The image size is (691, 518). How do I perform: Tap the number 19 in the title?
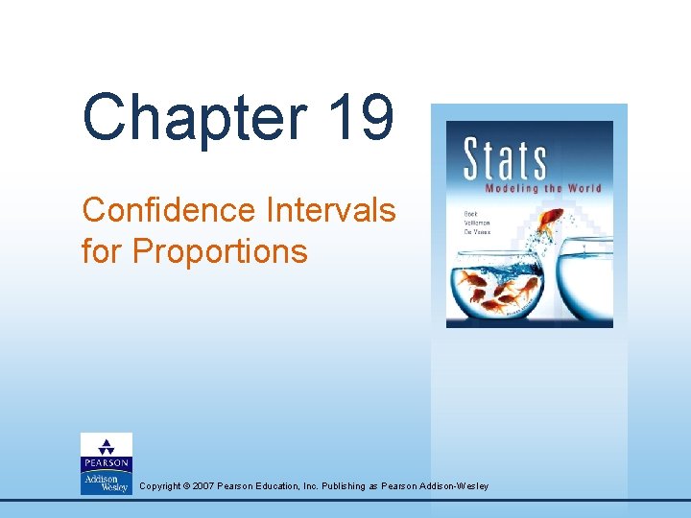tap(360, 118)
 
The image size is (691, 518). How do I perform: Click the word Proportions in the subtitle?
tap(220, 250)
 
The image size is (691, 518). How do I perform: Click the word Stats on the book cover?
tap(505, 160)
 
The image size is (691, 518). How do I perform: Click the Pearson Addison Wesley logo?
tap(107, 463)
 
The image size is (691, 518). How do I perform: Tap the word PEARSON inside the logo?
tap(107, 460)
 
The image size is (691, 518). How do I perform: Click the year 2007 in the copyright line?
tap(203, 486)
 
